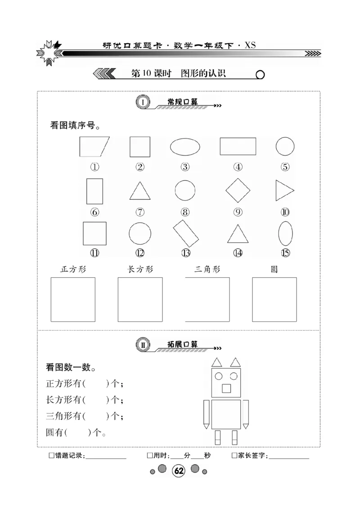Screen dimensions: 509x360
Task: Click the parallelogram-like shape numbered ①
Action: (94, 147)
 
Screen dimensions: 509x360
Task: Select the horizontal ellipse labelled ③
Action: (185, 147)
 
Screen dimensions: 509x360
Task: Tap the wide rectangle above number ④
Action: (238, 147)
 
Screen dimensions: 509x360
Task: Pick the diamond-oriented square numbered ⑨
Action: (238, 191)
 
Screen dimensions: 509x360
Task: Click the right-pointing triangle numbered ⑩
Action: (283, 191)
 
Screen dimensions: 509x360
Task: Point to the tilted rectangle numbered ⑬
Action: (186, 233)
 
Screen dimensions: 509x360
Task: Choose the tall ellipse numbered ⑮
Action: (285, 233)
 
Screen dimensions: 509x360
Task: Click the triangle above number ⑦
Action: (140, 192)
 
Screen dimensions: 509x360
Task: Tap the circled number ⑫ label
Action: (140, 253)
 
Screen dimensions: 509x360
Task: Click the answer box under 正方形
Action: (73, 299)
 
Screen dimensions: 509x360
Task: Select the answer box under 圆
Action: (274, 299)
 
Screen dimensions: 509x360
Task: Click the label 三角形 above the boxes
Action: (207, 269)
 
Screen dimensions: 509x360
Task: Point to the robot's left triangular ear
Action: (216, 362)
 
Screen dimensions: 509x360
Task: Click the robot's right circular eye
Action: (234, 376)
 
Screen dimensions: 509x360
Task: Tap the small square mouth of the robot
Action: (226, 388)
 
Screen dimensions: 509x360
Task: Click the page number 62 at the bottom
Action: (179, 471)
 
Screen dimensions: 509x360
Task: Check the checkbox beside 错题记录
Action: (51, 456)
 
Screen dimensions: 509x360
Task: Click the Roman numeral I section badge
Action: (142, 103)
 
